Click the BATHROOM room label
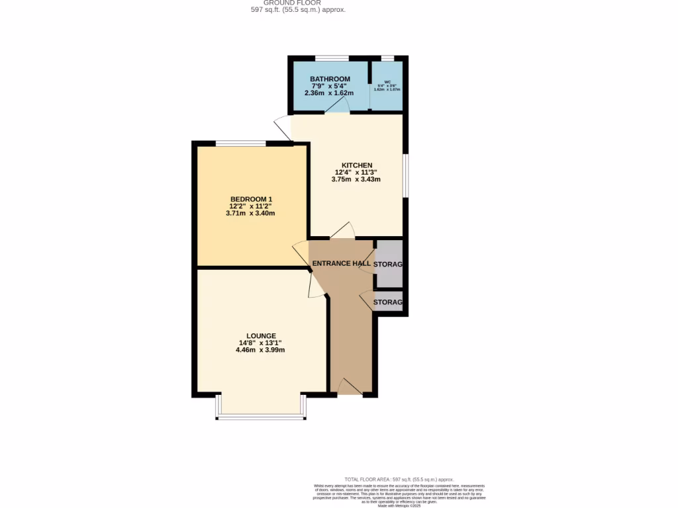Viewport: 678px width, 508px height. pyautogui.click(x=330, y=79)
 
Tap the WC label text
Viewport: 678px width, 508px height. pyautogui.click(x=387, y=81)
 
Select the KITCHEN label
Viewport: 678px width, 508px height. pyautogui.click(x=356, y=165)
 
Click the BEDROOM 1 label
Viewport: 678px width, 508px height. pyautogui.click(x=251, y=200)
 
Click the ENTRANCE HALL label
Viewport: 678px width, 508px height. pyautogui.click(x=342, y=264)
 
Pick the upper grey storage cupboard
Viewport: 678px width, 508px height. pyautogui.click(x=388, y=264)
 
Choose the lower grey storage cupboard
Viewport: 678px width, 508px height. pyautogui.click(x=389, y=302)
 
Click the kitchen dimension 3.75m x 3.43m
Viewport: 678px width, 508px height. pyautogui.click(x=356, y=179)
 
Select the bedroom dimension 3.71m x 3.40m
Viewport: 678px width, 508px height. pyautogui.click(x=250, y=214)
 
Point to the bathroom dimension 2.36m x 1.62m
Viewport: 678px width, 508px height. pyautogui.click(x=329, y=93)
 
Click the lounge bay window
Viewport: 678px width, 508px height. pyautogui.click(x=260, y=417)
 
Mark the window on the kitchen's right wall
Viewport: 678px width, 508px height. pyautogui.click(x=405, y=176)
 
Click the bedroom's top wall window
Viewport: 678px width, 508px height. pyautogui.click(x=241, y=142)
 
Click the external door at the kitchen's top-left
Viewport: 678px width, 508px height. pyautogui.click(x=282, y=126)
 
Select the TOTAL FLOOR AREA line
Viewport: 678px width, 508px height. pyautogui.click(x=399, y=479)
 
